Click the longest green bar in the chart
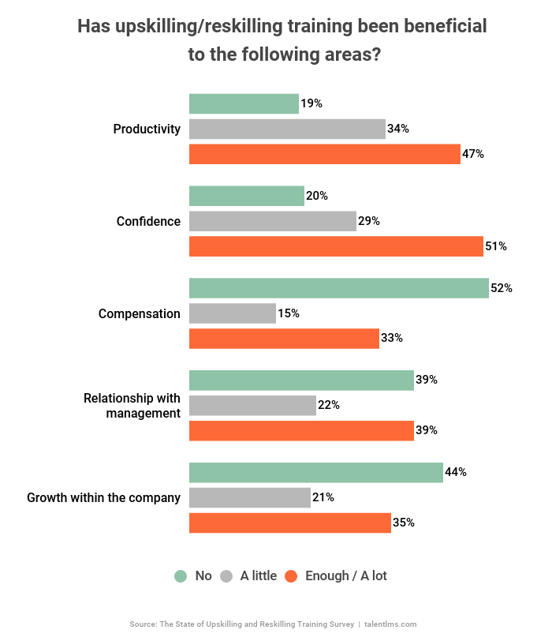pos(339,288)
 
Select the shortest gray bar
pos(233,313)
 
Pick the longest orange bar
pos(336,246)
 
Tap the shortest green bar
pos(244,103)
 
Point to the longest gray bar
pos(287,129)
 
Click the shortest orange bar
pos(284,339)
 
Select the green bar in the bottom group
pos(316,473)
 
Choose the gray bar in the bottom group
pos(250,498)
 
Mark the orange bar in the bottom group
pos(290,523)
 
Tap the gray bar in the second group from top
pos(273,221)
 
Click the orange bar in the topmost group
pos(325,154)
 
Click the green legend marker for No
pos(181,576)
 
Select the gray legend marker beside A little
pos(226,576)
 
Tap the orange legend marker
pos(291,576)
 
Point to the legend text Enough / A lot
pos(346,576)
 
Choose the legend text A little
pos(259,576)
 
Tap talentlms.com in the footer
pos(390,624)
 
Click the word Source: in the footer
pos(143,624)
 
